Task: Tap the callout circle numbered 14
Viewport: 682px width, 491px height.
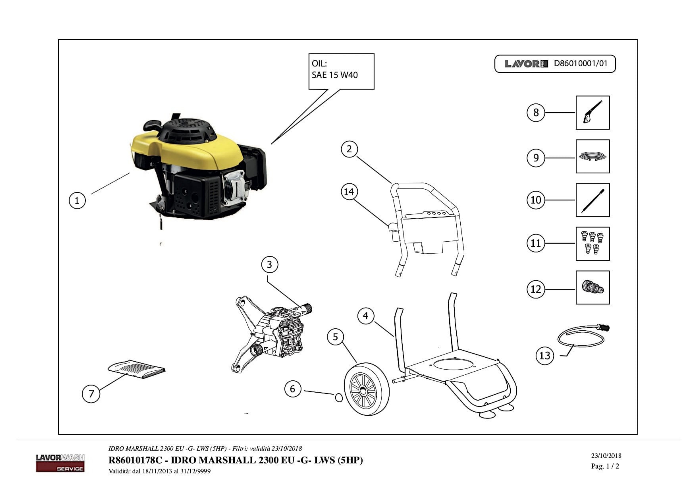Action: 349,192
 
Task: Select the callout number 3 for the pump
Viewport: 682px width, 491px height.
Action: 269,265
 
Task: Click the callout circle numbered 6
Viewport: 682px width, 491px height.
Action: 293,389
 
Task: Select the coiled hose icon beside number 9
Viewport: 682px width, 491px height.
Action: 592,157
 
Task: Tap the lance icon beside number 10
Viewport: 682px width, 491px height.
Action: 592,200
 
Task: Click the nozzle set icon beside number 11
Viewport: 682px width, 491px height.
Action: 592,244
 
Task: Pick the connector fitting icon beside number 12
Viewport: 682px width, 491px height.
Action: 592,287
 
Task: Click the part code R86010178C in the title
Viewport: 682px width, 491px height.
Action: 135,460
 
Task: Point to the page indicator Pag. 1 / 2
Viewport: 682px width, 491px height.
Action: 605,466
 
